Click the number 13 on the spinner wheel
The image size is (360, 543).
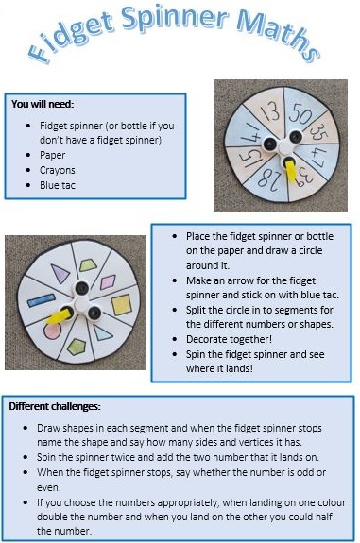[x=270, y=113]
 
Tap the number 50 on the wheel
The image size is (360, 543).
[x=300, y=113]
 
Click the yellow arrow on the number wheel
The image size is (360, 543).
[x=290, y=171]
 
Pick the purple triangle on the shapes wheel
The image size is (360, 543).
[x=60, y=273]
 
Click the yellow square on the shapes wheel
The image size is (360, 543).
[x=121, y=305]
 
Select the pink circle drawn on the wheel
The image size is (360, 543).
[x=52, y=331]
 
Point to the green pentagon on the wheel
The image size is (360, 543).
[x=77, y=347]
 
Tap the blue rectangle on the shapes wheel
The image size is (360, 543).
[x=42, y=300]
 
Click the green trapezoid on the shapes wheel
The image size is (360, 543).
[x=89, y=265]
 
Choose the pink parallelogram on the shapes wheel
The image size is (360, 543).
[x=108, y=282]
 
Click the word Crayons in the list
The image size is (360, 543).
[x=58, y=170]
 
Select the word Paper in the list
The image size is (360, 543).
[x=52, y=155]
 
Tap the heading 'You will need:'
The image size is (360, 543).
[x=43, y=104]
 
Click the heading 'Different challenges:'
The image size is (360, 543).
[x=55, y=406]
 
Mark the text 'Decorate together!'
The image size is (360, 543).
[x=229, y=339]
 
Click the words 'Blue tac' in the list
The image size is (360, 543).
[x=58, y=185]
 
